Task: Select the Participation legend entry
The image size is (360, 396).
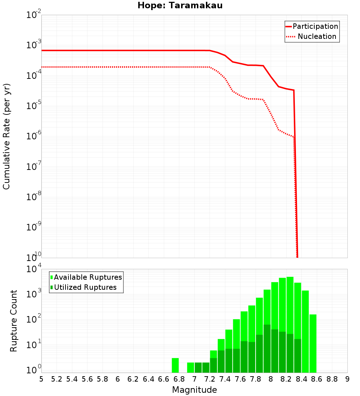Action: [x=315, y=26]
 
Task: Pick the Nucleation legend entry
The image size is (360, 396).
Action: [x=317, y=36]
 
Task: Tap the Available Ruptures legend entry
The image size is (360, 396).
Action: [x=88, y=277]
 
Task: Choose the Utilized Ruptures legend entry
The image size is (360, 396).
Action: [x=85, y=287]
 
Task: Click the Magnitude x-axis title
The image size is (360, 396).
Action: [x=194, y=390]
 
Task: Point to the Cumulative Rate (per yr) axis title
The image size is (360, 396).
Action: [x=6, y=136]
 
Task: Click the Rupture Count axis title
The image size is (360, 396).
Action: [x=14, y=321]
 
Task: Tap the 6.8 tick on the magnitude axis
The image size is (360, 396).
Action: [x=179, y=379]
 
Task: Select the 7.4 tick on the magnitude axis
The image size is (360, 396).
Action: [x=225, y=379]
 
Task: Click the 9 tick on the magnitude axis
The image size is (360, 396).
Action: [x=347, y=379]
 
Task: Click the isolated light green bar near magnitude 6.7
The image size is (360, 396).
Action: [x=175, y=365]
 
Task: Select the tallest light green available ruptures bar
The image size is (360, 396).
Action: [x=290, y=324]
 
